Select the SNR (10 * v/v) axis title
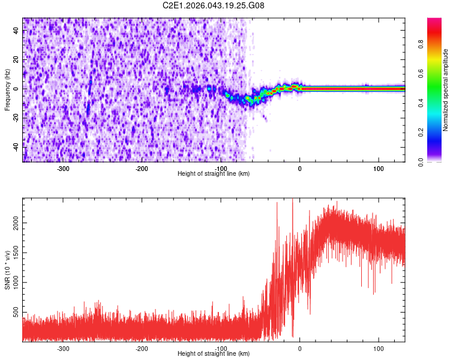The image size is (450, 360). (7, 271)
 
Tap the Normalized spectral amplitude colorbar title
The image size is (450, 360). (446, 91)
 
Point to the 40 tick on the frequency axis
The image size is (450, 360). (16, 31)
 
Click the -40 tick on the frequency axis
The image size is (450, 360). (15, 146)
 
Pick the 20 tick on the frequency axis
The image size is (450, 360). (16, 60)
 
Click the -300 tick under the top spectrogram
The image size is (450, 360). (64, 169)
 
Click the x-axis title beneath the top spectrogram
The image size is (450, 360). (214, 174)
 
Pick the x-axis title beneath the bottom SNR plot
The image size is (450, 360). (214, 354)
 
